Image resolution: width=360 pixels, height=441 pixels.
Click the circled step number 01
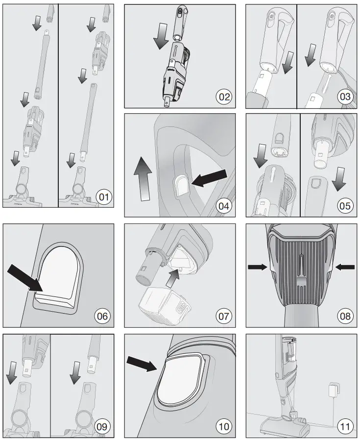coord(103,197)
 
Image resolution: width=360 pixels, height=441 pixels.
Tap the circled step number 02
coord(224,97)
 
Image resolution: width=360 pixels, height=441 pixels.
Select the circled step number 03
coord(345,97)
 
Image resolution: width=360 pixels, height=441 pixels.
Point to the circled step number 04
coord(224,206)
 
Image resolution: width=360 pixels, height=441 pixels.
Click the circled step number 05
coord(345,206)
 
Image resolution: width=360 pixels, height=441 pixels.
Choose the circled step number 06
coord(102,316)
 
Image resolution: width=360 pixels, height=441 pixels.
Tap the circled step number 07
coord(224,316)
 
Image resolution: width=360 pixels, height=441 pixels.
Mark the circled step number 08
coord(345,316)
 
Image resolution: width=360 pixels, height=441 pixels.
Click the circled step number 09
coord(102,426)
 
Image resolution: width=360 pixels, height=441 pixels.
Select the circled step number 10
coord(224,426)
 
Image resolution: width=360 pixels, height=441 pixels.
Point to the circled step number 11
coord(345,426)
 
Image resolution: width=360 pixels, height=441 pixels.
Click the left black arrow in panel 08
coord(257,267)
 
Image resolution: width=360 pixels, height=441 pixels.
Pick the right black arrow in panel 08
coord(345,267)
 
